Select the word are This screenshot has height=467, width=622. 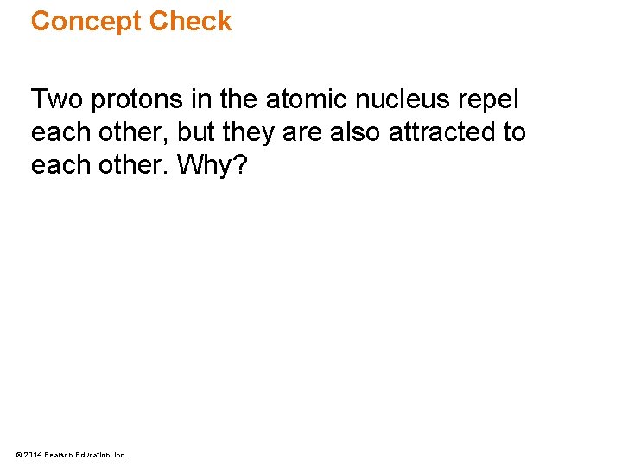click(301, 132)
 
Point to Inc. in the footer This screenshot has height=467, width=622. click(120, 454)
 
